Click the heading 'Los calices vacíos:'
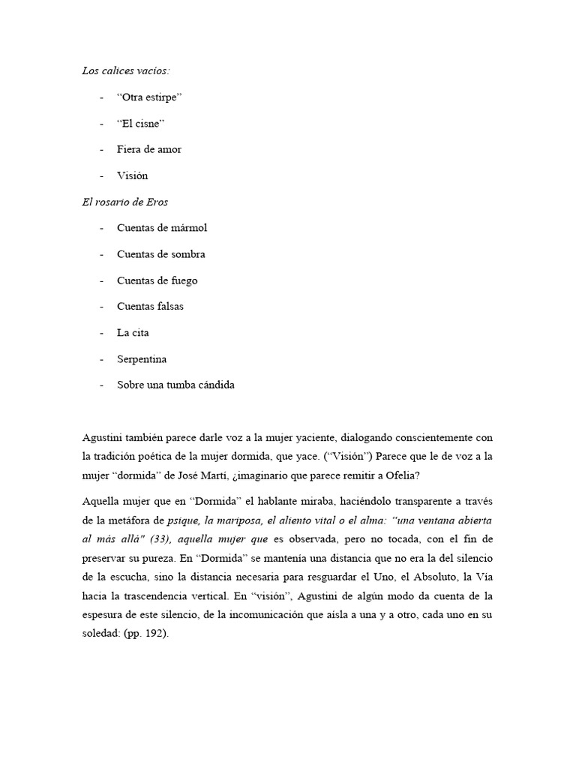(x=125, y=71)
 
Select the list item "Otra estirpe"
(x=150, y=97)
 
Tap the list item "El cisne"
(x=141, y=123)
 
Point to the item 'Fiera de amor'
(x=149, y=149)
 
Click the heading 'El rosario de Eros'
(x=126, y=201)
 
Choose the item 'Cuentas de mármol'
(x=162, y=228)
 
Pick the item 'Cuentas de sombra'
(x=161, y=254)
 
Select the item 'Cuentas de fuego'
(x=157, y=280)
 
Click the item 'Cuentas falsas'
(x=150, y=306)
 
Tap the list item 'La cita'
(x=128, y=332)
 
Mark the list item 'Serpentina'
(x=142, y=359)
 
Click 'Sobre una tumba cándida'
(x=176, y=385)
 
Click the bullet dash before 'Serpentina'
(x=101, y=359)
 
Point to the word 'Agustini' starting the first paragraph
(x=103, y=437)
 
